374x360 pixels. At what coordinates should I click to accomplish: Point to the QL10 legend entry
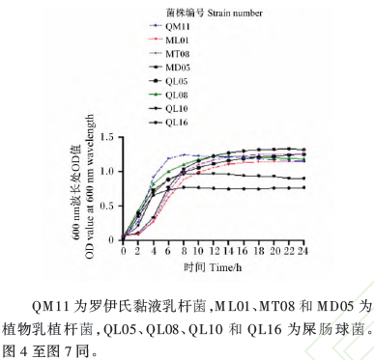click(x=175, y=109)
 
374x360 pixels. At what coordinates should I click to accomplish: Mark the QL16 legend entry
click(x=175, y=122)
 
